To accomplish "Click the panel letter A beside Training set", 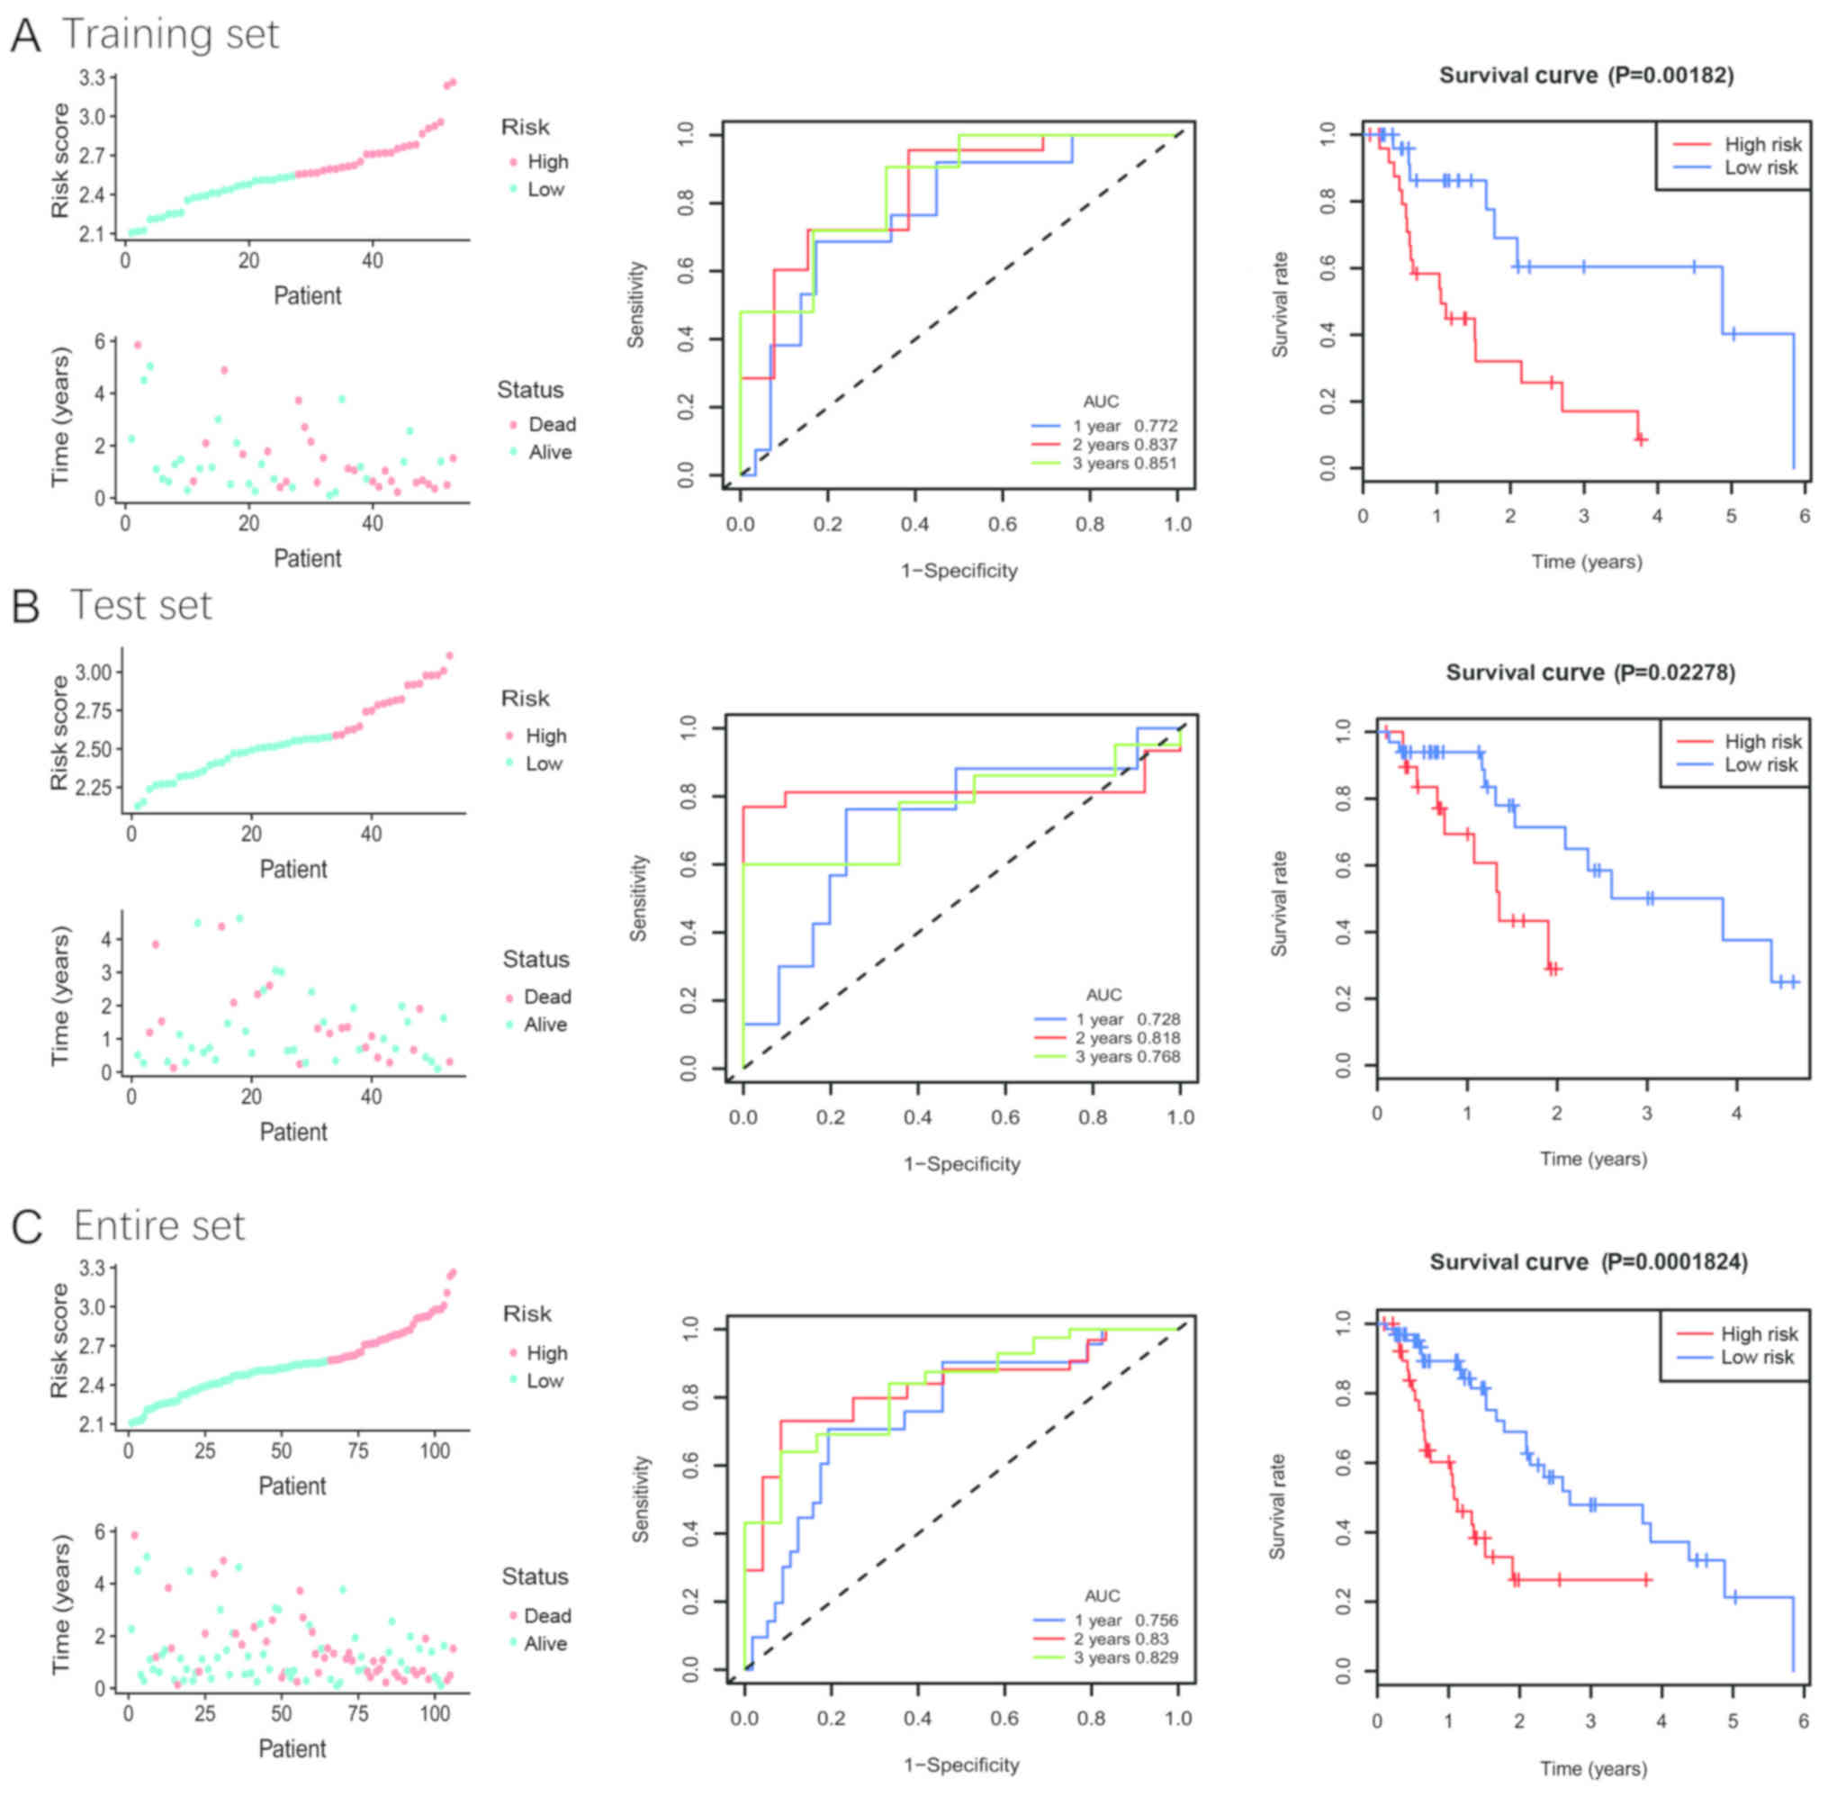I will click(25, 35).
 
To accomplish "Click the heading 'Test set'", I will click(140, 606).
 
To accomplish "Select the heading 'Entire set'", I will click(158, 1226).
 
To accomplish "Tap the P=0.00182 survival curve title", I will click(1586, 76).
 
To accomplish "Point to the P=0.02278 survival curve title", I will click(1590, 672).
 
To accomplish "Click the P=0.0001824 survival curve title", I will click(1588, 1262).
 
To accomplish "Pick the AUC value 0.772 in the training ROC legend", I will click(1155, 426).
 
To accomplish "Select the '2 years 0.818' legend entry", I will click(1127, 1038).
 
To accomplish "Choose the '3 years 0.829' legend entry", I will click(1125, 1657).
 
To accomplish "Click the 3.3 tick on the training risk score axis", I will click(92, 77).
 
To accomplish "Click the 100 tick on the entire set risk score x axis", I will click(435, 1450).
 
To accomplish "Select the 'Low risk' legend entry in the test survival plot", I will click(1760, 764).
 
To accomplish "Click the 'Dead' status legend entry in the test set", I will click(546, 997).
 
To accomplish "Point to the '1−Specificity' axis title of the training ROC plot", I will click(959, 570).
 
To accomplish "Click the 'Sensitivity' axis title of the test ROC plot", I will click(639, 898).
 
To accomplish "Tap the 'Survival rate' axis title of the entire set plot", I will click(1277, 1506).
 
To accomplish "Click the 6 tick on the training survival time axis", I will click(1804, 516).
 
